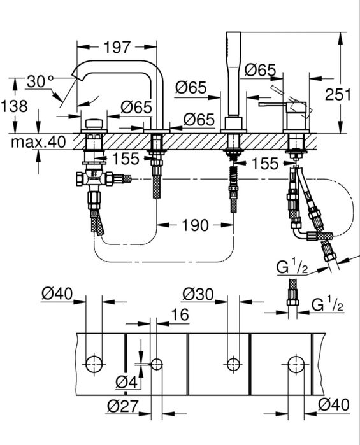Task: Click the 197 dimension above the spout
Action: coord(117,46)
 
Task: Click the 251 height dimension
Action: coord(338,95)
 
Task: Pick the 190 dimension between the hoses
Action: coord(195,225)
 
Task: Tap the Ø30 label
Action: coord(197,294)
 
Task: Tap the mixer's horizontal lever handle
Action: coord(275,102)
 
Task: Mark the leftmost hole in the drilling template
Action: coord(94,364)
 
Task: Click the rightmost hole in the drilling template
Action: coord(295,364)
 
